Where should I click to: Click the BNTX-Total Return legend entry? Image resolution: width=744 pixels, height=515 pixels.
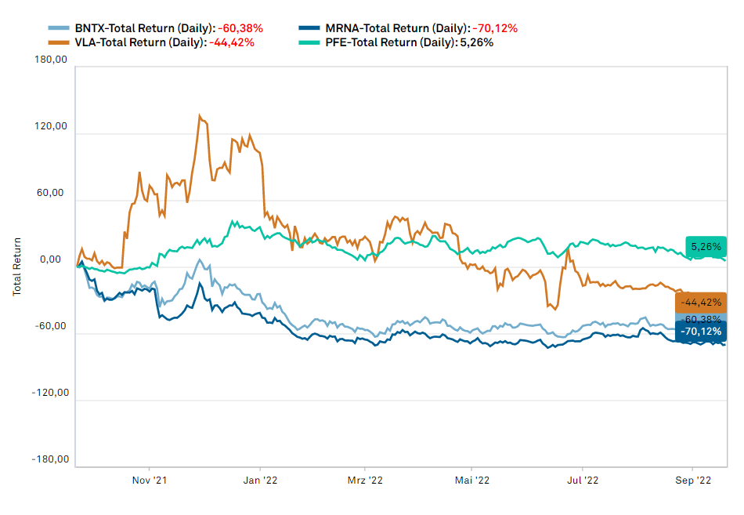pyautogui.click(x=155, y=28)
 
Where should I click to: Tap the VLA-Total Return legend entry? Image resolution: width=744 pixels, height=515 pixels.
pyautogui.click(x=151, y=42)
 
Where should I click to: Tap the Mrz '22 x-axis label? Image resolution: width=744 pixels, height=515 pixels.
pyautogui.click(x=365, y=479)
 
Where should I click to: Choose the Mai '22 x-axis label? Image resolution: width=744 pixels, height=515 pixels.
pyautogui.click(x=471, y=479)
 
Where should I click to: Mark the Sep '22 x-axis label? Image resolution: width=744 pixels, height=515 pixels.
pyautogui.click(x=692, y=479)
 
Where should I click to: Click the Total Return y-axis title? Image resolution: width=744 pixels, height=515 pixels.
pyautogui.click(x=16, y=267)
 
